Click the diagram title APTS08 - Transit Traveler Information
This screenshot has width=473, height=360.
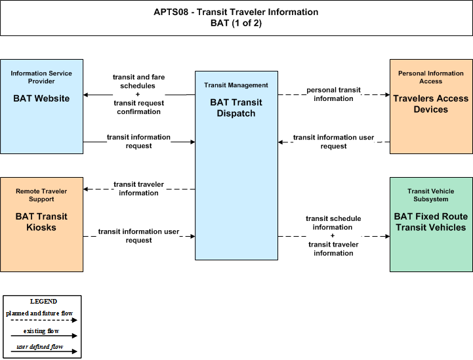pos(236,12)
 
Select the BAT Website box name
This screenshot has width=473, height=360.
pos(41,98)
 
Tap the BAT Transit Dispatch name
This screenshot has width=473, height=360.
pos(236,108)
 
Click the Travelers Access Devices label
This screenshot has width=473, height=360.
pos(431,104)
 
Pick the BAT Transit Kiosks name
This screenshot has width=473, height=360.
pos(41,222)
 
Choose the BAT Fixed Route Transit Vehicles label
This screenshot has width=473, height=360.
pos(431,222)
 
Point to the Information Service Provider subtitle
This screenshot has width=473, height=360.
pos(41,77)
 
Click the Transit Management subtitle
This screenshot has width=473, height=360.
pos(236,85)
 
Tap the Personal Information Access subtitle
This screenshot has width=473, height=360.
pos(431,77)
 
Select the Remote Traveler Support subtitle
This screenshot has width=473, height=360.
pos(41,195)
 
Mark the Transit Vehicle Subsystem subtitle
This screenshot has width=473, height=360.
pos(431,195)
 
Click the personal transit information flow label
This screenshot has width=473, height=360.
pos(333,94)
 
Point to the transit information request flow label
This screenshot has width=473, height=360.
pos(139,142)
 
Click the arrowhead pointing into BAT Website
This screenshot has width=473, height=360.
pos(86,94)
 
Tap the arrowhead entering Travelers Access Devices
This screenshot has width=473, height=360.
pos(387,94)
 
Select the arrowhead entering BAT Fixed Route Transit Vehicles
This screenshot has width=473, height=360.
pos(387,236)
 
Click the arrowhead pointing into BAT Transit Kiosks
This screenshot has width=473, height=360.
pos(86,189)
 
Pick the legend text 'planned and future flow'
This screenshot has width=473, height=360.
pos(39,313)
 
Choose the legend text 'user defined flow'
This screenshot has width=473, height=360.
pos(40,347)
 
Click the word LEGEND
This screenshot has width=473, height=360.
pos(43,302)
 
